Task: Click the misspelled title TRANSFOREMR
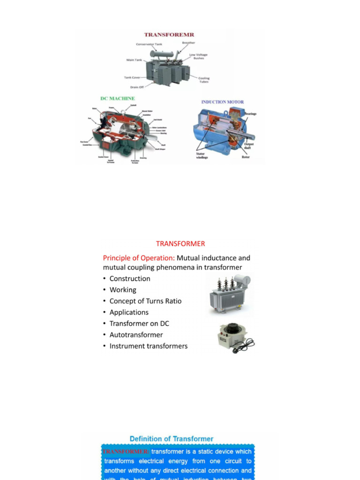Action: click(169, 35)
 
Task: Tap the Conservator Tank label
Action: click(149, 45)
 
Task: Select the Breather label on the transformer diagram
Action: click(188, 43)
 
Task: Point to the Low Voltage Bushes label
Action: click(198, 56)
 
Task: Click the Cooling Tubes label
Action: click(204, 80)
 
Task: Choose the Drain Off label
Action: click(137, 87)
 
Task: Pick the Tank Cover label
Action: click(132, 77)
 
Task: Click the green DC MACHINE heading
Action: click(118, 98)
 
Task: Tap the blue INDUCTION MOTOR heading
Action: click(223, 102)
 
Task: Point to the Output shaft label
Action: click(249, 146)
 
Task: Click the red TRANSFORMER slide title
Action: click(180, 244)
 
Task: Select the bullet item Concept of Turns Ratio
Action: click(145, 301)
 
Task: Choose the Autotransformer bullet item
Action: click(136, 335)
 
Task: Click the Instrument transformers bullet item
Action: click(148, 346)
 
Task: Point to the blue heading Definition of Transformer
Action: click(171, 439)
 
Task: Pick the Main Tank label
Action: click(134, 60)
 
